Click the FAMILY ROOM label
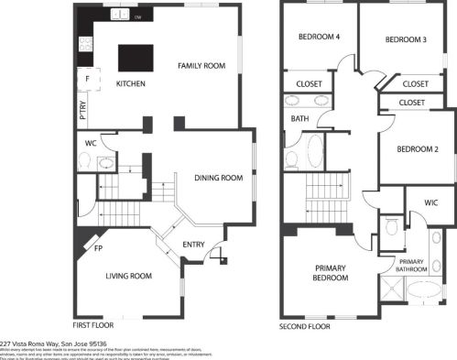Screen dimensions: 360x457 tap(201, 66)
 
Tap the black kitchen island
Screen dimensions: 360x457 tap(134, 57)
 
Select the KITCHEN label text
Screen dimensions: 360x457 tap(131, 83)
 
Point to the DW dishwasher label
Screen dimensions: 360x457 tap(137, 17)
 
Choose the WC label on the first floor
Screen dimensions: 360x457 tap(91, 143)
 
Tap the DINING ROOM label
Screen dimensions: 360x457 tap(217, 178)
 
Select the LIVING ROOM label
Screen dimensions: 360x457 tap(128, 275)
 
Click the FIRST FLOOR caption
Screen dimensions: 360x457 tap(93, 325)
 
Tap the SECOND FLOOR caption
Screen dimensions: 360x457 tap(305, 325)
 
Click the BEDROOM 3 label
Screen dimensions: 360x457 tap(406, 39)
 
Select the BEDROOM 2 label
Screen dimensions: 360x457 tap(417, 149)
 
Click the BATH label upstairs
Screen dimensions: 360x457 tap(299, 119)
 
